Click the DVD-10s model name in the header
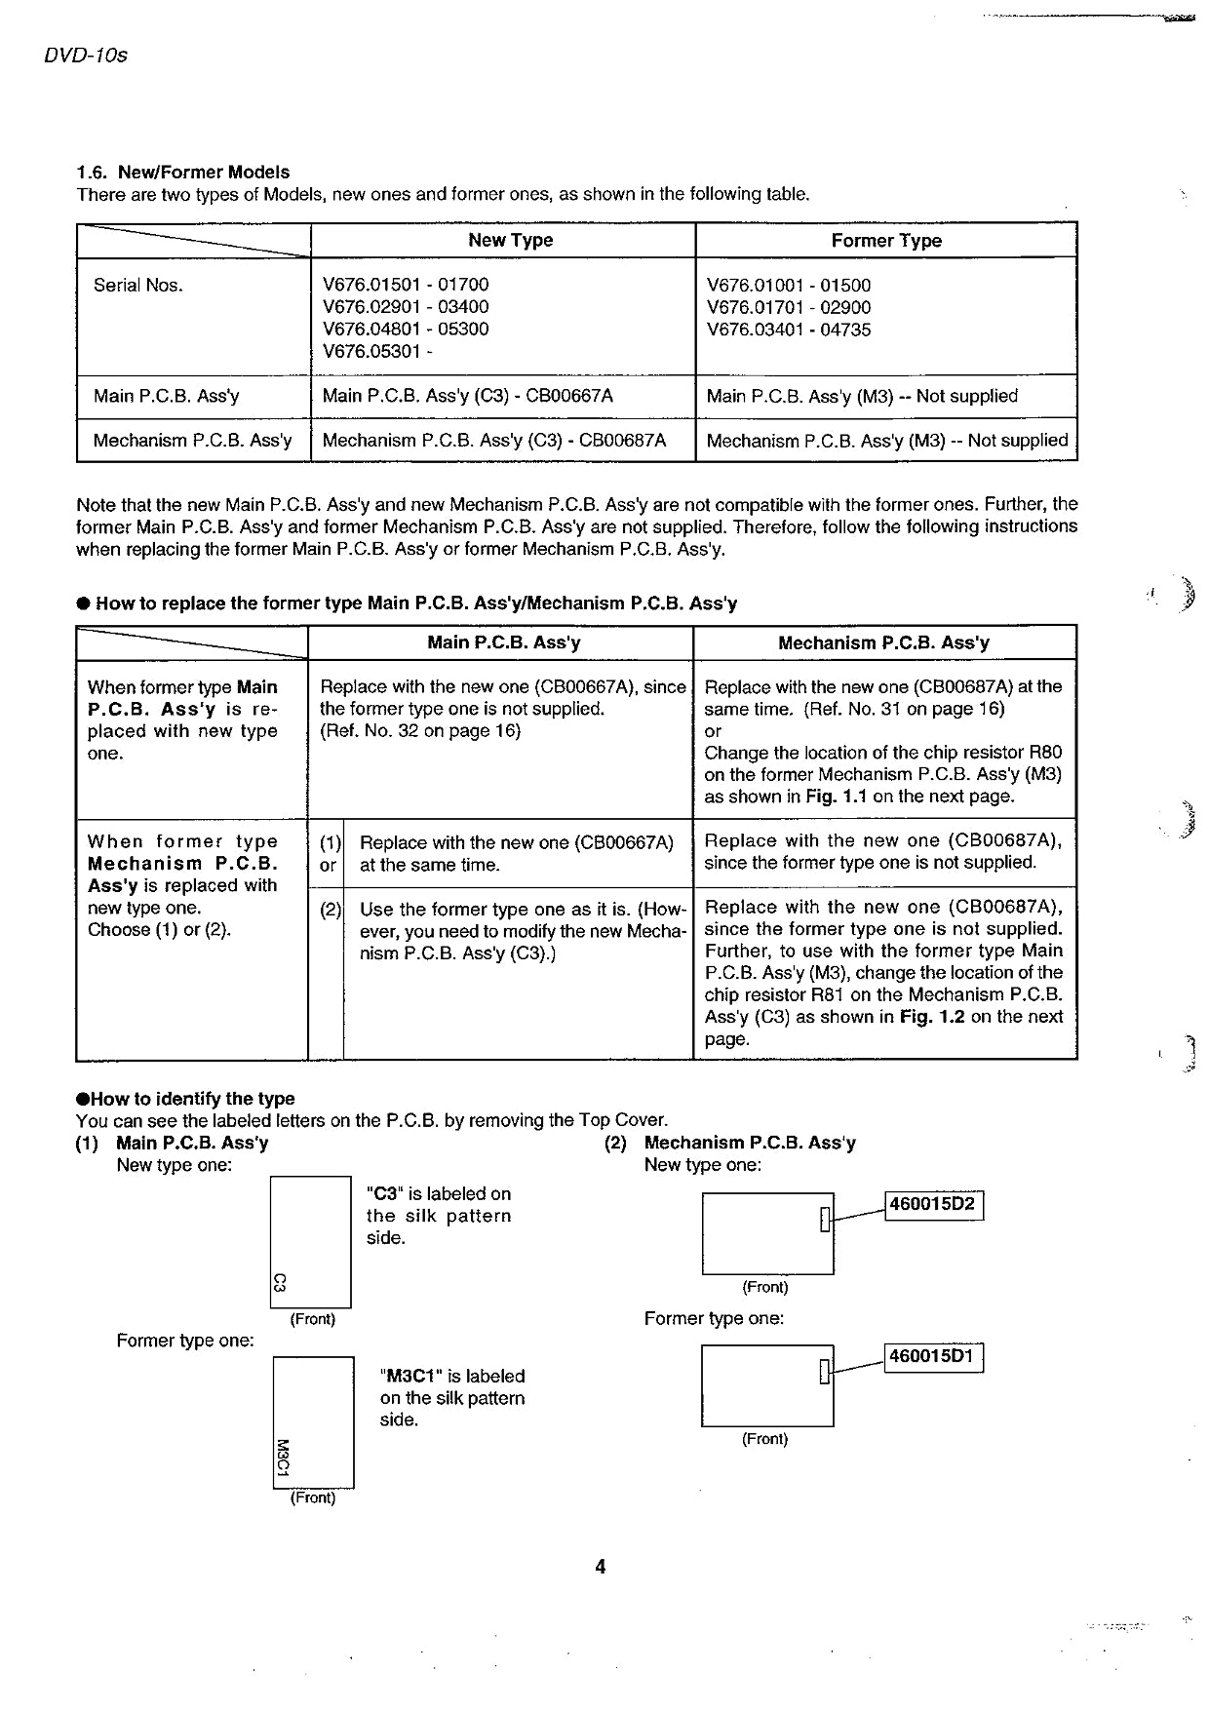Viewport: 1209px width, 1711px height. pos(86,56)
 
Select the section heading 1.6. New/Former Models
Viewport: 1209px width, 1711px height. pos(183,173)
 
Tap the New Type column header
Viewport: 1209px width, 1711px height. pos(510,241)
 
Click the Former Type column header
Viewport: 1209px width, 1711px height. pos(886,241)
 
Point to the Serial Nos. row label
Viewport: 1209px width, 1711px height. pos(138,286)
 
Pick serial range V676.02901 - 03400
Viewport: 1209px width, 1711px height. pos(406,307)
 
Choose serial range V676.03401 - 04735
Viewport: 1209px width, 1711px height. pos(789,330)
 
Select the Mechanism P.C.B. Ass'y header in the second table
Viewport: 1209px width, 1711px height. pos(883,643)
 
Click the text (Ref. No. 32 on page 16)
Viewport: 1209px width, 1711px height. pos(420,731)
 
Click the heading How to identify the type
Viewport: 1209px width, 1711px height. pos(192,1099)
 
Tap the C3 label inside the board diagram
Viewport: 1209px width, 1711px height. pos(279,1282)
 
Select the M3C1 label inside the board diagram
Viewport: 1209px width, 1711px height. pos(283,1458)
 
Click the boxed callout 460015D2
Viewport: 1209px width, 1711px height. pos(933,1205)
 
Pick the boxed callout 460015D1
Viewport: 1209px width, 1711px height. pos(932,1357)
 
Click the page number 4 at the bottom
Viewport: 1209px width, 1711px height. pos(601,1567)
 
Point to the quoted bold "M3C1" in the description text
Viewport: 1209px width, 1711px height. pos(411,1377)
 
